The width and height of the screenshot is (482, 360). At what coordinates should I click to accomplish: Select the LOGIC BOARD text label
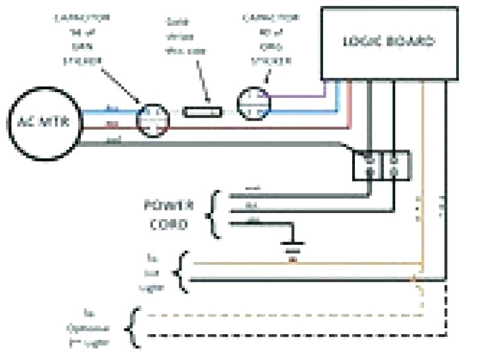[388, 41]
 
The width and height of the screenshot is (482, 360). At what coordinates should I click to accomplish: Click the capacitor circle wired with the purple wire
[253, 102]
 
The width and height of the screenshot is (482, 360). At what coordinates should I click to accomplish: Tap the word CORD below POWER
[174, 224]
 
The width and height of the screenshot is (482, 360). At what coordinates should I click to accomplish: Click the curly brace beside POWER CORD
[215, 213]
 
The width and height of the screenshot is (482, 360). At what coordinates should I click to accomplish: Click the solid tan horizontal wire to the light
[298, 264]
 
